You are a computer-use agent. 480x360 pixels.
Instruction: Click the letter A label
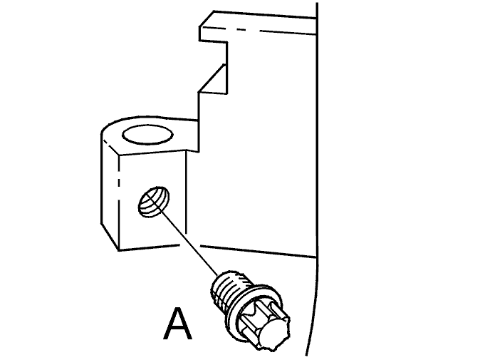pyautogui.click(x=177, y=324)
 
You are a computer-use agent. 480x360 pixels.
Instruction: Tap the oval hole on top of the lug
pyautogui.click(x=147, y=135)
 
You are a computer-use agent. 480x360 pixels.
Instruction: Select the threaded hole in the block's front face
pyautogui.click(x=154, y=202)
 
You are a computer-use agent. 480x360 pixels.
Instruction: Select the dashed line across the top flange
pyautogui.click(x=258, y=31)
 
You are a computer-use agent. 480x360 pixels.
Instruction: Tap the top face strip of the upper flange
pyautogui.click(x=258, y=22)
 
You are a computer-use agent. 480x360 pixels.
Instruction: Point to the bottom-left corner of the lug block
pyautogui.click(x=119, y=251)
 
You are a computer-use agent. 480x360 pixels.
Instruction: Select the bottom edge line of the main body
pyautogui.click(x=258, y=251)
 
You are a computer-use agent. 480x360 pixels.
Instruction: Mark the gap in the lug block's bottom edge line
pyautogui.click(x=190, y=245)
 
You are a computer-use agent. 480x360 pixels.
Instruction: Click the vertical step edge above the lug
pyautogui.click(x=199, y=122)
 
